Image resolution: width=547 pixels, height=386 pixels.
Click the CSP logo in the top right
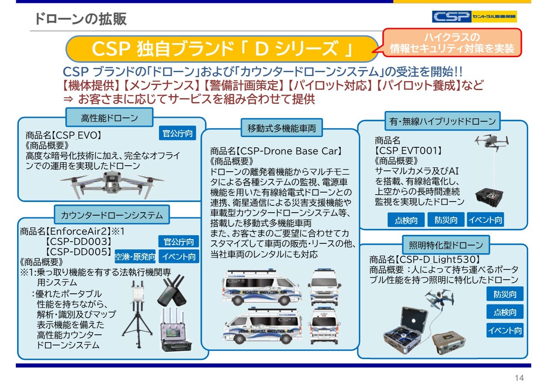pyautogui.click(x=474, y=17)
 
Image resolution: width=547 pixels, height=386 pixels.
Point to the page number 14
pyautogui.click(x=519, y=378)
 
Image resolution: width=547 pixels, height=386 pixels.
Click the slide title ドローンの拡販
pyautogui.click(x=81, y=19)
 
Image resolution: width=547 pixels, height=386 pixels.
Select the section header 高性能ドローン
pyautogui.click(x=109, y=117)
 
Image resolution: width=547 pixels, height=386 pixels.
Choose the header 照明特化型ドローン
pyautogui.click(x=446, y=245)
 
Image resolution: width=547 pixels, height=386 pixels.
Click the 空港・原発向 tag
pyautogui.click(x=135, y=257)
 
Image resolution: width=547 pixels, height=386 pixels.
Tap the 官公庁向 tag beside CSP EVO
pyautogui.click(x=178, y=134)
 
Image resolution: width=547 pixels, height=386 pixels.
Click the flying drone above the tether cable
pyautogui.click(x=491, y=142)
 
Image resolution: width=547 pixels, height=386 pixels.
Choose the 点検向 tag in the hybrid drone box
pyautogui.click(x=406, y=220)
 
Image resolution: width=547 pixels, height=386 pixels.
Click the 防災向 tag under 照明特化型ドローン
pyautogui.click(x=505, y=294)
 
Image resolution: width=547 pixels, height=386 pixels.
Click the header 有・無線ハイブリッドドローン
pyautogui.click(x=442, y=121)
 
